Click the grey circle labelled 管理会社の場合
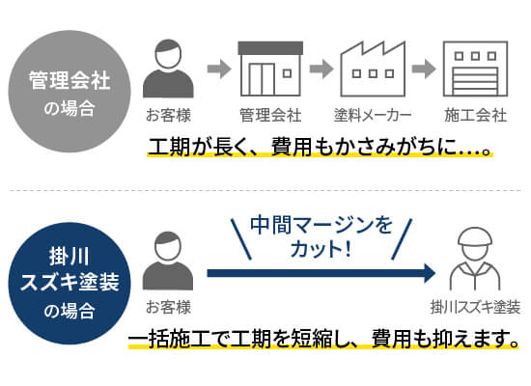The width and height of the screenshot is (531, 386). click(70, 92)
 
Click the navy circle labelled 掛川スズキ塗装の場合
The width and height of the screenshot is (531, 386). click(70, 284)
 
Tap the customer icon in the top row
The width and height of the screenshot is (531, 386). click(168, 69)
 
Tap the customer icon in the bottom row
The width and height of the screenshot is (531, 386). click(168, 261)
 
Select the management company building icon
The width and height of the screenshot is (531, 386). click(270, 69)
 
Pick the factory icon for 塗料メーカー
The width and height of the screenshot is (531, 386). click(373, 69)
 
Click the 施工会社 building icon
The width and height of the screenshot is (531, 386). click(475, 69)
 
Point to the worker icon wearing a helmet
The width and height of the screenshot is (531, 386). click(475, 259)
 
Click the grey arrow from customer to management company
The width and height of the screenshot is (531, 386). click(219, 69)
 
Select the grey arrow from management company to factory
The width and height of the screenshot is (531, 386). click(321, 69)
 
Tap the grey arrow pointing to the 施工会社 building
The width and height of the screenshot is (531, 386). click(424, 69)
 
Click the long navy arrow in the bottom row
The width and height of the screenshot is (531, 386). click(321, 273)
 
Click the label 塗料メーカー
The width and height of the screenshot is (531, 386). click(373, 115)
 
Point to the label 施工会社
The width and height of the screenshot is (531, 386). click(475, 115)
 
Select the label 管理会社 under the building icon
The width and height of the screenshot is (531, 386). click(270, 115)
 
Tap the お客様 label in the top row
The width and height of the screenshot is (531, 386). click(168, 115)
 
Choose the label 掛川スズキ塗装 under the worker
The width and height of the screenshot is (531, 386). click(475, 308)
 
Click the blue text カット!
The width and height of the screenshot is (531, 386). click(321, 249)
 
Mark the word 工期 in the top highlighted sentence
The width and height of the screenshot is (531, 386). click(169, 147)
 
